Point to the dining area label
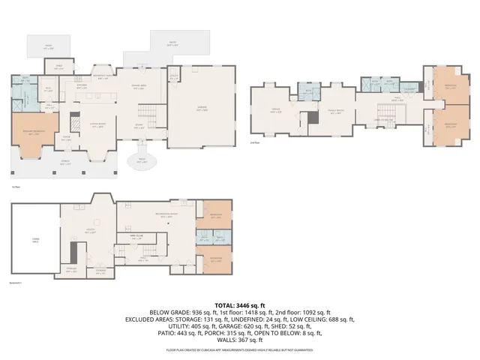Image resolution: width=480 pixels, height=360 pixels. point(139,85)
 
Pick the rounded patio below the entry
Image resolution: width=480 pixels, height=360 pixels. point(140,161)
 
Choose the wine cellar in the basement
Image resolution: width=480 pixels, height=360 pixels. point(137,235)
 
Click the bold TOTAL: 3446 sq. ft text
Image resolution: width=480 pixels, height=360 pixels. point(239,306)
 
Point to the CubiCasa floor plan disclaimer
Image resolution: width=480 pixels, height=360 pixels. point(240,349)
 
